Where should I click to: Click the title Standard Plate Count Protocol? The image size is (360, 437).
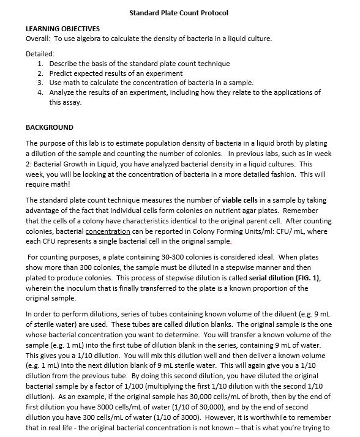point(179,13)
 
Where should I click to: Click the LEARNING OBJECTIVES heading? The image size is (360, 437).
point(62,29)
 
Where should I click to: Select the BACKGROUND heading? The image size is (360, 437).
point(49,127)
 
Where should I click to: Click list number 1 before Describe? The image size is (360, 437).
point(40,64)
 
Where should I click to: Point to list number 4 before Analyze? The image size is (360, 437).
point(40,93)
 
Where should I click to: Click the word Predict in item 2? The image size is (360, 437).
point(62,73)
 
